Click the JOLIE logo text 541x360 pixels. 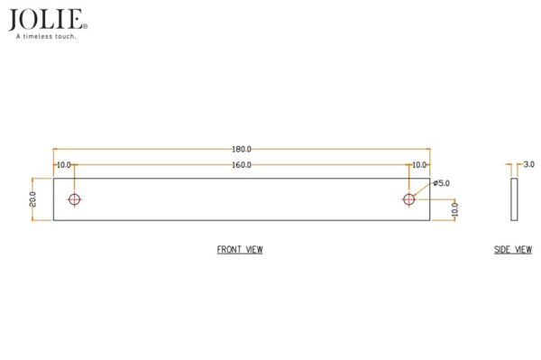pyautogui.click(x=46, y=20)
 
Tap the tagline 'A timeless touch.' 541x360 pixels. pyautogui.click(x=46, y=36)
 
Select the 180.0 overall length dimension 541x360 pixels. pyautogui.click(x=242, y=149)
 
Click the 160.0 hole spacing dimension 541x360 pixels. pyautogui.click(x=242, y=165)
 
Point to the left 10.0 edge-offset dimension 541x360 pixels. pyautogui.click(x=64, y=165)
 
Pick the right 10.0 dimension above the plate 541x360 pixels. pyautogui.click(x=419, y=165)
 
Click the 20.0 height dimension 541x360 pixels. pyautogui.click(x=32, y=199)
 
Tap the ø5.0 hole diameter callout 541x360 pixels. pyautogui.click(x=442, y=183)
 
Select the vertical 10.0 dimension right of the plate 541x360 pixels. pyautogui.click(x=454, y=210)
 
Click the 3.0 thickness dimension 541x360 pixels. pyautogui.click(x=529, y=164)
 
